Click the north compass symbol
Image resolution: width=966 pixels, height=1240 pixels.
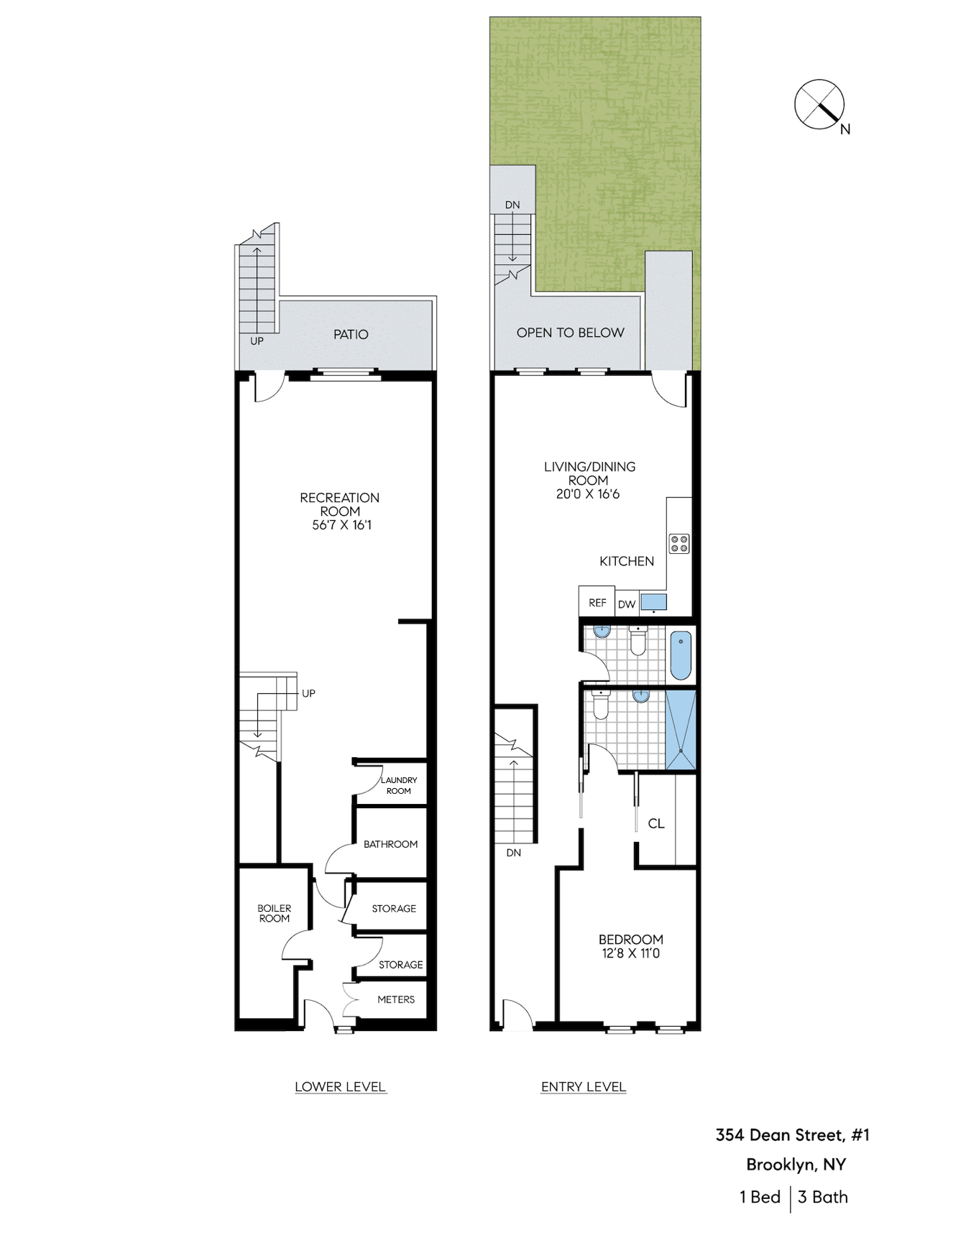pos(819,105)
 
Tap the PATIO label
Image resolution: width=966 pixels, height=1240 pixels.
pos(351,334)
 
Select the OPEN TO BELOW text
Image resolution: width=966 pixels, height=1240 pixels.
pos(570,333)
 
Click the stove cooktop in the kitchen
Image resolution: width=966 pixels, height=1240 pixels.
pos(679,543)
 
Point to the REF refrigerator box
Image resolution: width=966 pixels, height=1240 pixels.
pos(597,602)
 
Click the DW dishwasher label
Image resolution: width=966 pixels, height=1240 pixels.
pos(627,604)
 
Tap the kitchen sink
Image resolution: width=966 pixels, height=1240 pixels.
pos(653,602)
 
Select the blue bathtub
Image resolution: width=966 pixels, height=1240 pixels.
pos(681,655)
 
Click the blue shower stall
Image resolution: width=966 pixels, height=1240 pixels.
pos(681,730)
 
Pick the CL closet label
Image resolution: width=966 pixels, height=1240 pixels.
pos(656,823)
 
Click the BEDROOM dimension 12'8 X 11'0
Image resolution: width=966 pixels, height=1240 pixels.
pos(630,953)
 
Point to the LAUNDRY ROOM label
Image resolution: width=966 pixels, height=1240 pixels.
pos(399,785)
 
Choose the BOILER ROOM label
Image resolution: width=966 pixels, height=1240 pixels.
pos(275,913)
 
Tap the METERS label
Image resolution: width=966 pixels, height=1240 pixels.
pos(396,999)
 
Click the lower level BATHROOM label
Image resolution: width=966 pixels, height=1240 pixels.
pos(390,844)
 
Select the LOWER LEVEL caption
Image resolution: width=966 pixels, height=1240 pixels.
pos(340,1087)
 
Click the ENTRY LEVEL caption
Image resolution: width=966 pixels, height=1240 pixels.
pos(583,1087)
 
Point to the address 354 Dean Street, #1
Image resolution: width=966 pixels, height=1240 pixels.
pos(792,1135)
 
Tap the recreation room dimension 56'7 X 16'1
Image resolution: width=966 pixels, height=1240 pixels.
pos(341,525)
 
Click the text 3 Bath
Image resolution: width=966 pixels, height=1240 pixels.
pos(823,1197)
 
